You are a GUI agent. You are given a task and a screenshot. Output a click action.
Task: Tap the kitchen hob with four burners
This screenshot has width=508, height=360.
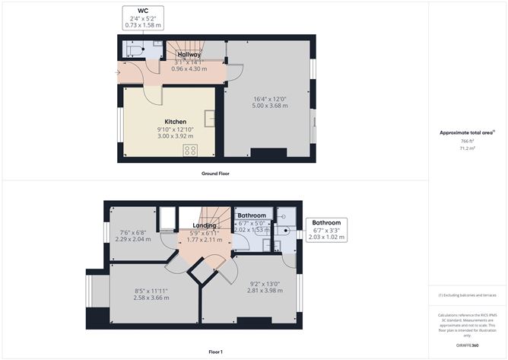coord(189,150)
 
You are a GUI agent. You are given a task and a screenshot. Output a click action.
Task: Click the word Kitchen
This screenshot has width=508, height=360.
coord(176,122)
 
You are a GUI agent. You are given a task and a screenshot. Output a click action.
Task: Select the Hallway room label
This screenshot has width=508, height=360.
coord(189,55)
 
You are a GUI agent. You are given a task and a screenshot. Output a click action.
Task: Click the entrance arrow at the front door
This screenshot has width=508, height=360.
coord(117,72)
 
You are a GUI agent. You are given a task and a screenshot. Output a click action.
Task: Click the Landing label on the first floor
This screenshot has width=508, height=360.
coord(204,225)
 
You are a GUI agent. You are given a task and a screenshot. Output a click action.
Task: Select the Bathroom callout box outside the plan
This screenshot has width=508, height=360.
coord(325,229)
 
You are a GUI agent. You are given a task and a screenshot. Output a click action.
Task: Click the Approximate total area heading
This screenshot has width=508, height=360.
coord(467,132)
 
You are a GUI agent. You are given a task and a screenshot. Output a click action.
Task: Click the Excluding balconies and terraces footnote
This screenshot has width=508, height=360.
coord(467,295)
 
